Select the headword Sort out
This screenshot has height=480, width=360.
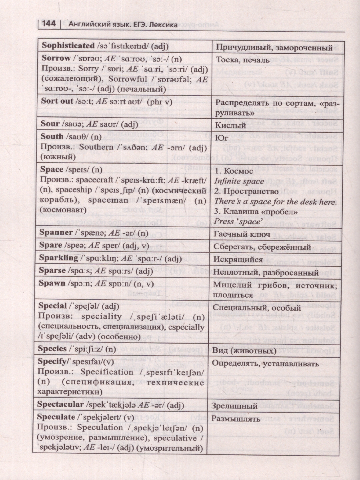tap(57, 101)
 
